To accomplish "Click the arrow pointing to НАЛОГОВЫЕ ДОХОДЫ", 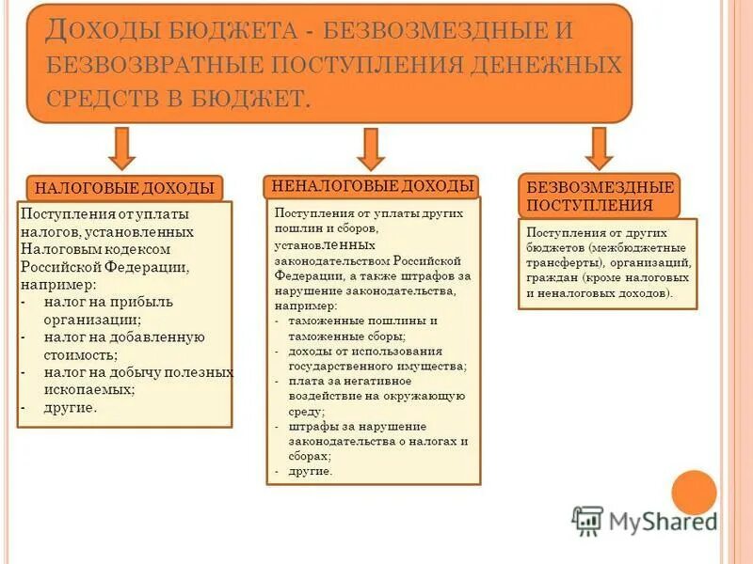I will pyautogui.click(x=121, y=148).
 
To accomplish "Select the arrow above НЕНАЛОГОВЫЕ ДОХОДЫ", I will pyautogui.click(x=371, y=148).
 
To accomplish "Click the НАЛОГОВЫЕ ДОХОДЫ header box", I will pyautogui.click(x=125, y=188).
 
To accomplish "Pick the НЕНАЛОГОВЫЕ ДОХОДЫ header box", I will pyautogui.click(x=373, y=185).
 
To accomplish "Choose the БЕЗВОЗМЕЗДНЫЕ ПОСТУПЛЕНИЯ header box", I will pyautogui.click(x=599, y=196).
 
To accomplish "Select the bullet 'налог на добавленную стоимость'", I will pyautogui.click(x=122, y=345).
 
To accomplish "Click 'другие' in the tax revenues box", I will pyautogui.click(x=70, y=407).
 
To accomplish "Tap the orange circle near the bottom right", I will pyautogui.click(x=695, y=493).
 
